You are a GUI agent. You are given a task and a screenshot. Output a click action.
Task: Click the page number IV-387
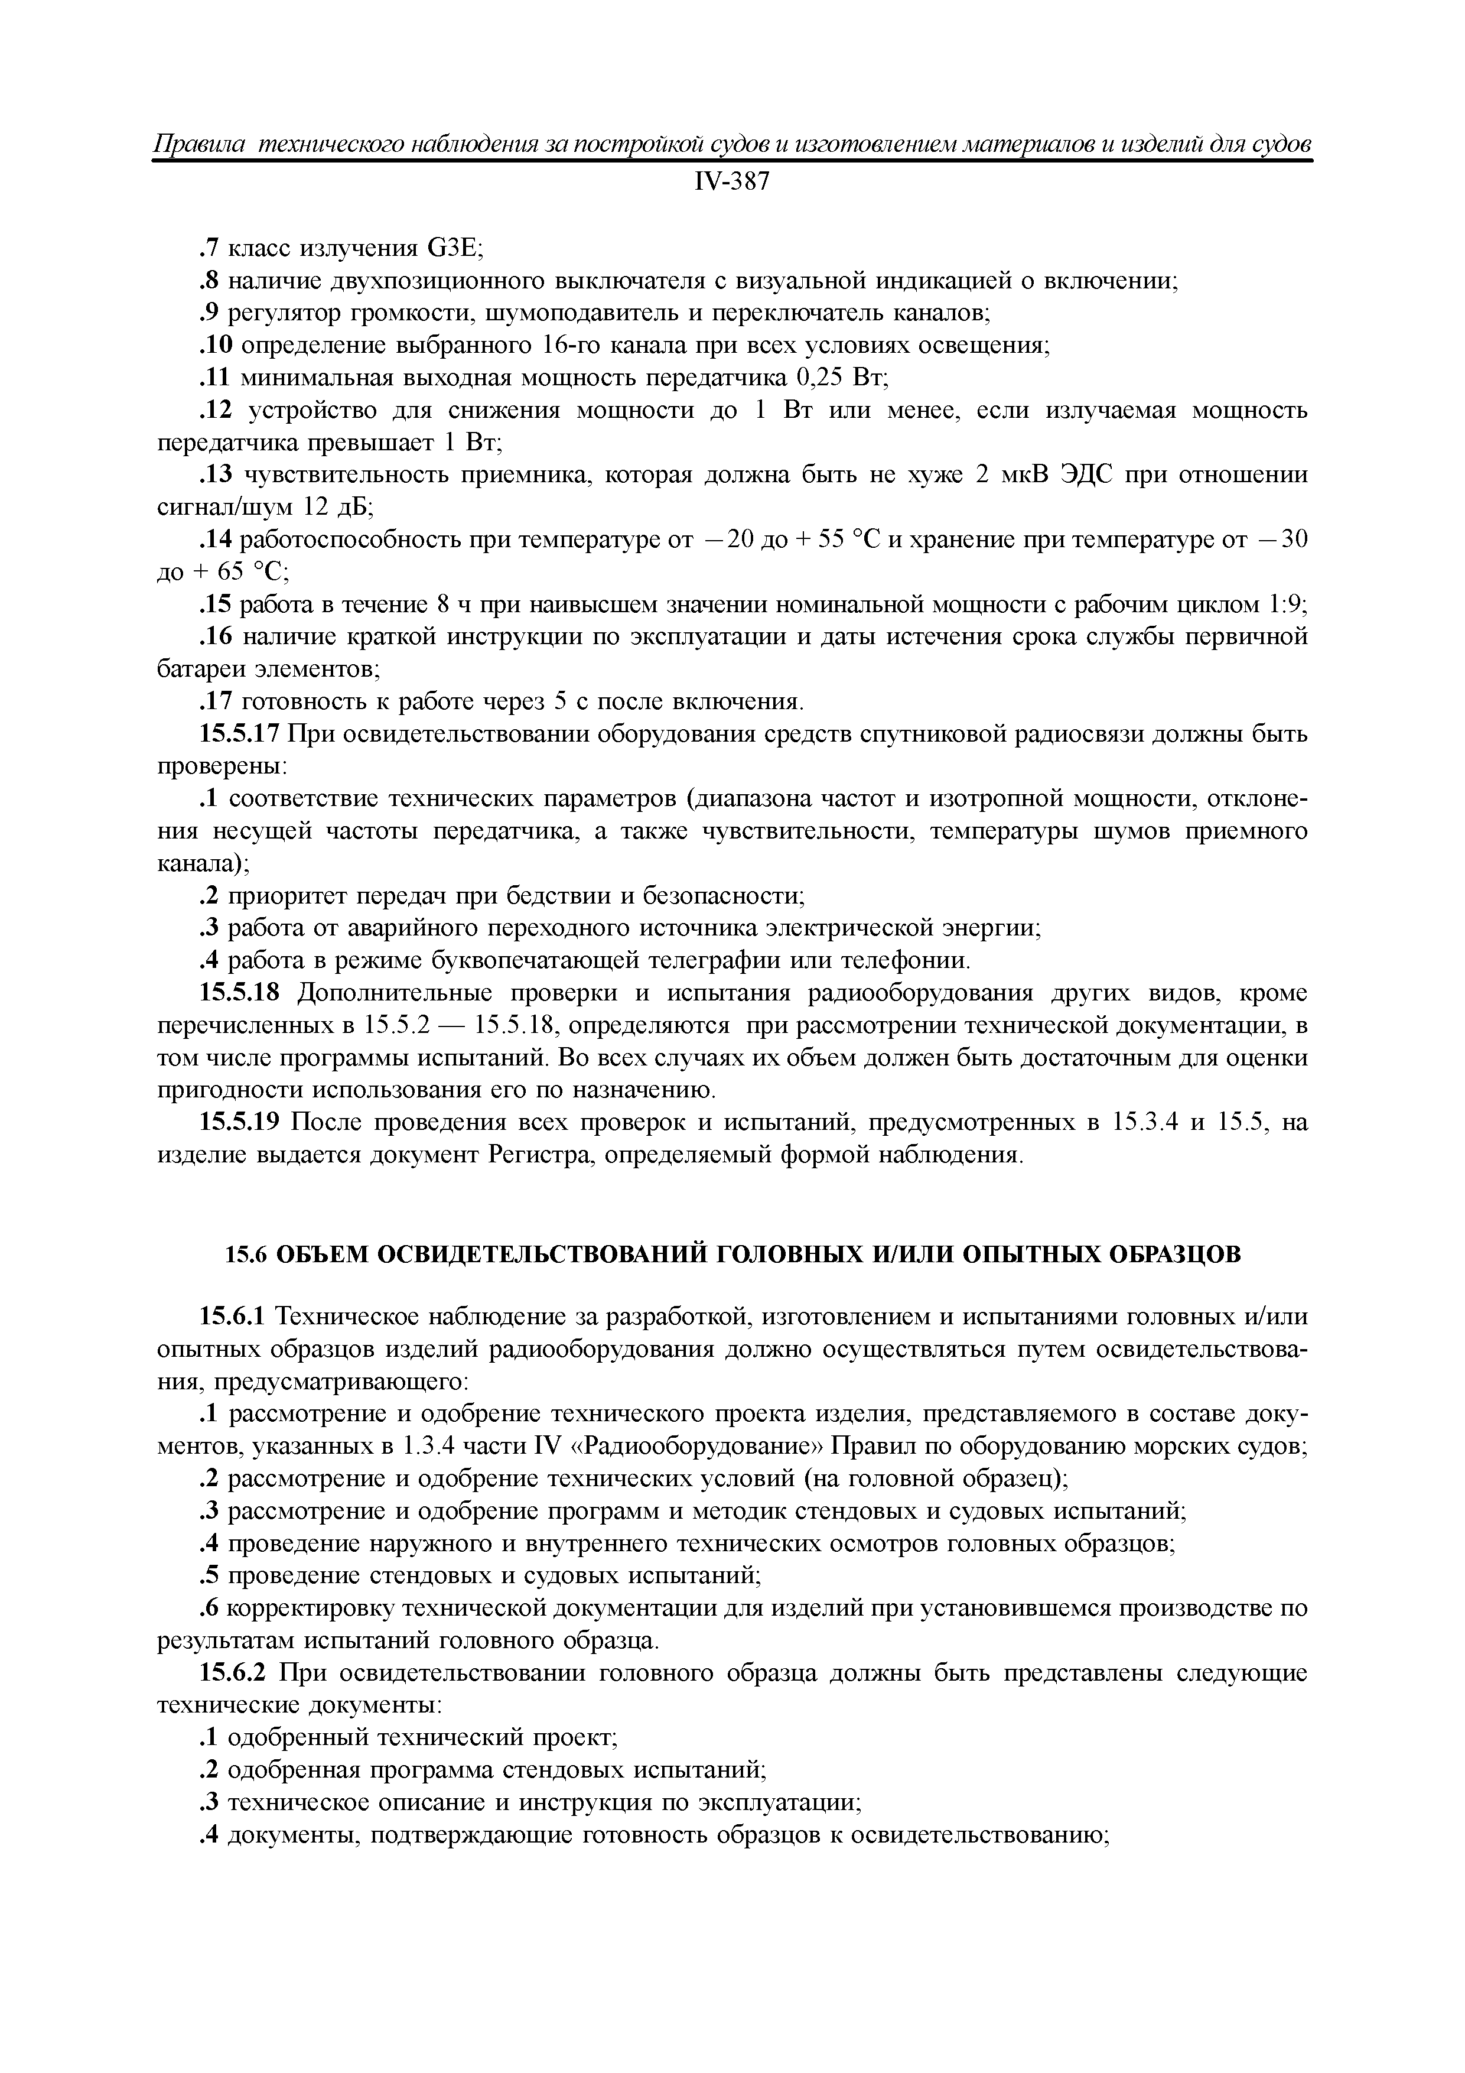(732, 183)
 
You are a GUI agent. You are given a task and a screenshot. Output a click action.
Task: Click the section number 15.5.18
(239, 993)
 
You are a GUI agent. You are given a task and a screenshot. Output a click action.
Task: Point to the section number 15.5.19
(239, 1122)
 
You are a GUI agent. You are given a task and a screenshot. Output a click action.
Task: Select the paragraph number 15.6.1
(232, 1317)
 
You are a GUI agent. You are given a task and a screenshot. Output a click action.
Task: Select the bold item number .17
(216, 701)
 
